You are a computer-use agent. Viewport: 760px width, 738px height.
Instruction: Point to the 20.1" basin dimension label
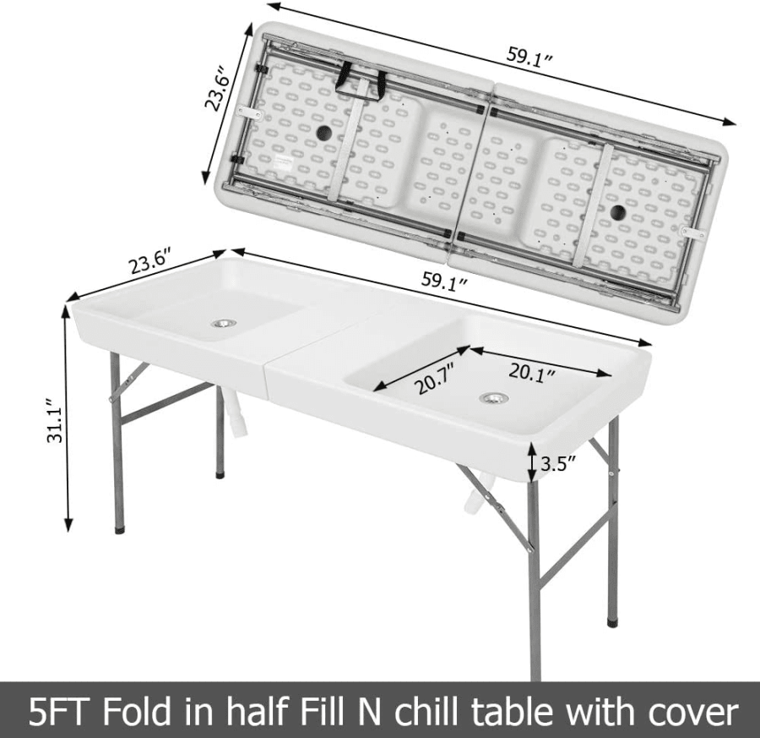(532, 374)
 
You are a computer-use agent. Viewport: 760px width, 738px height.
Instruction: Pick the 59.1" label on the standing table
(444, 281)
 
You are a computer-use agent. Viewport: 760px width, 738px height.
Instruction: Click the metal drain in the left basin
(224, 323)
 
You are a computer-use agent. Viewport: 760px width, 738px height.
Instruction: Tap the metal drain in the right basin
(494, 398)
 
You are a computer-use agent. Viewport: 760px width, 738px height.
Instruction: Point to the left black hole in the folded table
(324, 132)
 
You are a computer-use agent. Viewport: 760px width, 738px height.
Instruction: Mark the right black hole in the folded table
(618, 212)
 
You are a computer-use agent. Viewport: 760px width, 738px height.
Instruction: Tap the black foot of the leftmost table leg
(119, 529)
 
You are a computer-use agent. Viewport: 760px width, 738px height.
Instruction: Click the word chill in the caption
(427, 712)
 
